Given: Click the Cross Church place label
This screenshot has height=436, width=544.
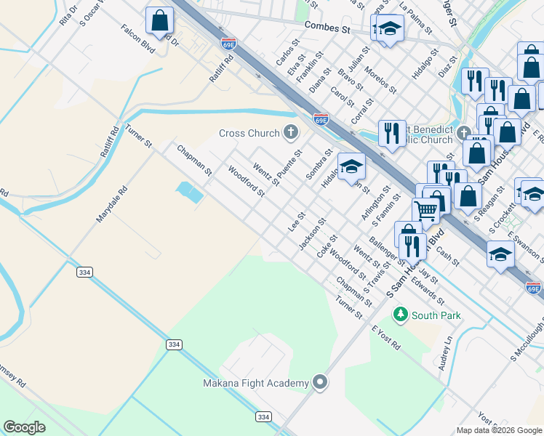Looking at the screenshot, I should (x=249, y=133).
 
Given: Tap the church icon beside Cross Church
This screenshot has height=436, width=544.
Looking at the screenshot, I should (x=291, y=132).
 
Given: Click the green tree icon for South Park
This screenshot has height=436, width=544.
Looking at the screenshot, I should (x=400, y=315).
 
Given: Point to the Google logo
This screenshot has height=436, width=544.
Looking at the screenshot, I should (x=25, y=427).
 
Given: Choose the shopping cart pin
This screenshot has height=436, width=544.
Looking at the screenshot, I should (x=425, y=211).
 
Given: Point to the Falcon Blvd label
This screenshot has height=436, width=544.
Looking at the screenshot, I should (x=139, y=44).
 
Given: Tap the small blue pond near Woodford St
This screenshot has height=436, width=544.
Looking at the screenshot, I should (x=188, y=192).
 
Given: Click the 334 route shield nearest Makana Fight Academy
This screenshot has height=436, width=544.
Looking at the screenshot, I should (x=263, y=416).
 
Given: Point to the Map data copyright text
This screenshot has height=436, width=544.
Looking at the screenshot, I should (x=498, y=430).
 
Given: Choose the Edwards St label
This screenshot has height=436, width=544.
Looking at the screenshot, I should (x=426, y=288).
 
